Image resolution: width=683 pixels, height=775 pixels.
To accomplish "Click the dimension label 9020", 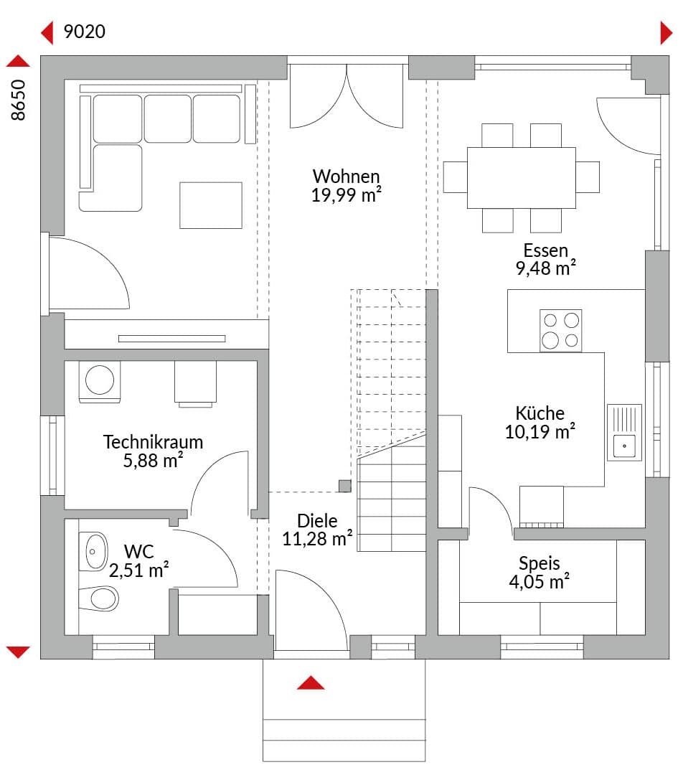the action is [85, 32].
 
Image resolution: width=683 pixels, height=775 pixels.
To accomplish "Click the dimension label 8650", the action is [18, 100].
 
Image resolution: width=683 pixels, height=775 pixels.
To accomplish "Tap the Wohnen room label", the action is [347, 177].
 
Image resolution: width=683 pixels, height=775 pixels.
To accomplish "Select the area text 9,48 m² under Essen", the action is [545, 268].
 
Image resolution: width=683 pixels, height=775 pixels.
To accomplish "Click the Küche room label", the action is [540, 413].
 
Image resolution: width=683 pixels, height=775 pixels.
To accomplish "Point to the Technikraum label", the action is [153, 442].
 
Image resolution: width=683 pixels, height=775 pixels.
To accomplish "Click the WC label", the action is [139, 552].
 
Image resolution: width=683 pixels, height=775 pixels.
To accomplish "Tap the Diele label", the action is [317, 521].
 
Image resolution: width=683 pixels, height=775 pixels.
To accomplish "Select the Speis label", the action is [540, 563].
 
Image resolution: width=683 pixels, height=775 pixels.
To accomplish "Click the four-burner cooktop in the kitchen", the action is [560, 331].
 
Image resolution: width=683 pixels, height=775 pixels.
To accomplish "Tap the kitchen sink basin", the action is [624, 446].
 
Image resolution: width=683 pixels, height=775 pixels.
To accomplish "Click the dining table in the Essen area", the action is [522, 178].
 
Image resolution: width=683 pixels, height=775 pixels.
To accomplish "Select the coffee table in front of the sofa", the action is [210, 206].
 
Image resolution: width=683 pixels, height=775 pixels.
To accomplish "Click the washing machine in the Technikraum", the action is [99, 380].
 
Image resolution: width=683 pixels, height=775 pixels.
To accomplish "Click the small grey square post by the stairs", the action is [345, 486].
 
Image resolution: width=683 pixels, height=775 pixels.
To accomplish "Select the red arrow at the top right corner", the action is [666, 33].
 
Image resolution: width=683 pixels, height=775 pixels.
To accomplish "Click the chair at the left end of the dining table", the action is [455, 177].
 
